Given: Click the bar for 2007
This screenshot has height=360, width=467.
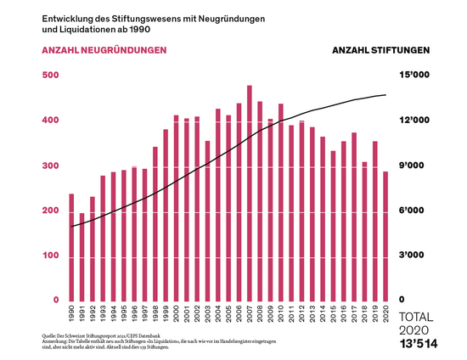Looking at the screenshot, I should [x=249, y=193].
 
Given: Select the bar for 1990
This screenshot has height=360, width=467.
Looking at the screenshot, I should [x=71, y=247].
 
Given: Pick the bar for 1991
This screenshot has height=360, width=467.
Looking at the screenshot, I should [x=82, y=256].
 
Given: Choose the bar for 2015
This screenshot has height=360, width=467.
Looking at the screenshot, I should [x=333, y=226].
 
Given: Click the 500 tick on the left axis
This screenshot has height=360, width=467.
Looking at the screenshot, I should [x=50, y=76].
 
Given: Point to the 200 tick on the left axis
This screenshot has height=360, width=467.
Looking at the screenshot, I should [x=50, y=211].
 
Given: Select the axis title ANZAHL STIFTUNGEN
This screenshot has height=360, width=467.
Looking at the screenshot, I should [x=380, y=50].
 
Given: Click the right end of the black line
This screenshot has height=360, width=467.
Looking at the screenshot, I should [x=386, y=94].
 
